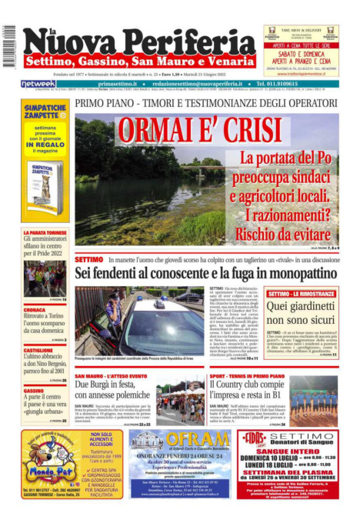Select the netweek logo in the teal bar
(38, 84)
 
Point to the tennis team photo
(312, 400)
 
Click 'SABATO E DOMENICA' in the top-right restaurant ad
(301, 55)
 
